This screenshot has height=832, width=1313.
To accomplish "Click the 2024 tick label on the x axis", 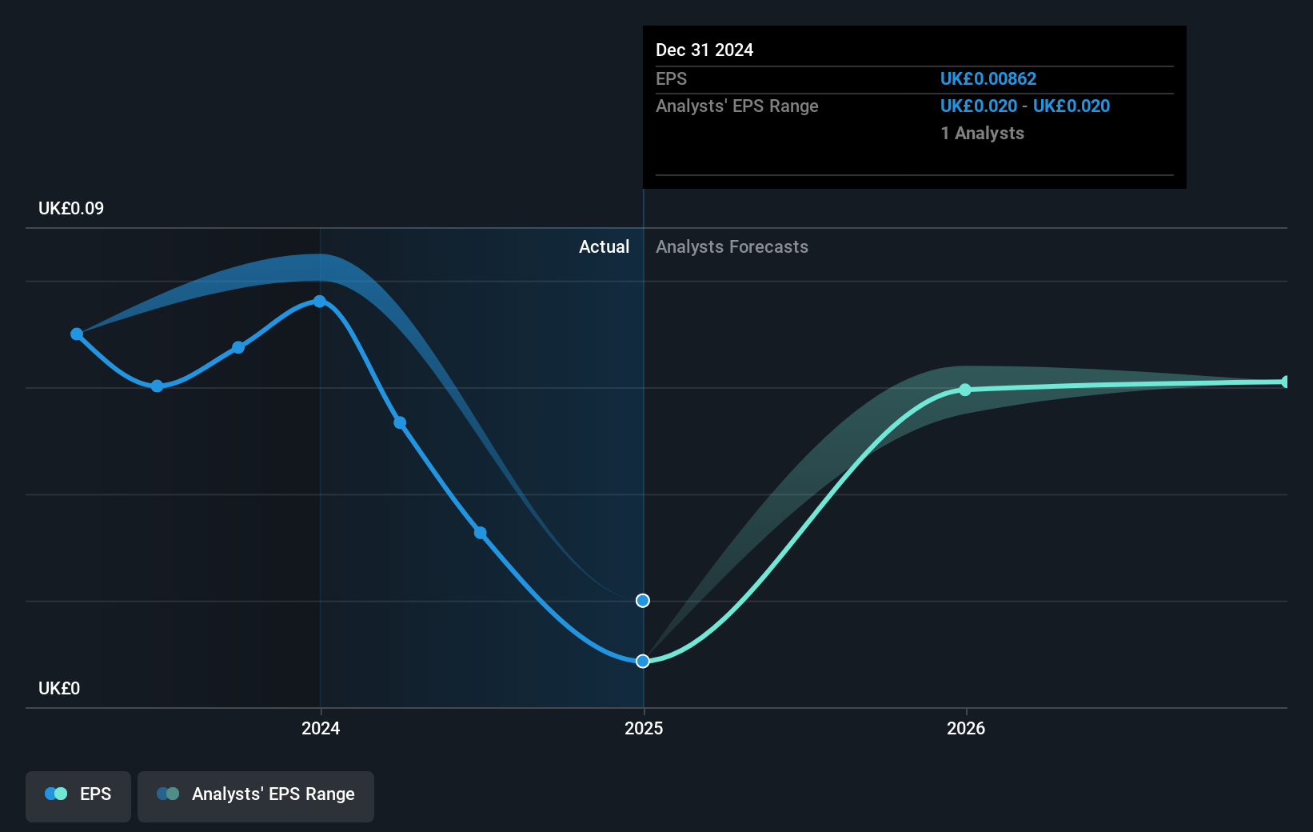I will pyautogui.click(x=321, y=728).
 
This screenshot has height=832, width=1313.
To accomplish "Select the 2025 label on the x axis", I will pyautogui.click(x=644, y=728).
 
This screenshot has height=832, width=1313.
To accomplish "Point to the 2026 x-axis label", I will pyautogui.click(x=966, y=728).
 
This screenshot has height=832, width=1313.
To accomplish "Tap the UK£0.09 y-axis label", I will pyautogui.click(x=71, y=208).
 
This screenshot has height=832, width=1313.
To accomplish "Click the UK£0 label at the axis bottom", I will pyautogui.click(x=59, y=688).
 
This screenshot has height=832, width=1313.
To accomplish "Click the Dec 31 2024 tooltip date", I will pyautogui.click(x=704, y=50).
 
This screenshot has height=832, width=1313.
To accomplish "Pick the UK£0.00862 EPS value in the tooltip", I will pyautogui.click(x=988, y=78).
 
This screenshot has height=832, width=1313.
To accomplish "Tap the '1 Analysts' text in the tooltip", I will pyautogui.click(x=982, y=133).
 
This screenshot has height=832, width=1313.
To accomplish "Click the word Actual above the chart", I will pyautogui.click(x=604, y=246).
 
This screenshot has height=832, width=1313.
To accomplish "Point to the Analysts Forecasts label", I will pyautogui.click(x=732, y=246).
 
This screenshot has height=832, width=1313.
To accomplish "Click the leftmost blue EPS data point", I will pyautogui.click(x=77, y=334).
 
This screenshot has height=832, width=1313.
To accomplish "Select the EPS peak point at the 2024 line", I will pyautogui.click(x=320, y=302).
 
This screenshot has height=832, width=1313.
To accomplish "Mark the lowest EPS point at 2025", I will pyautogui.click(x=643, y=661).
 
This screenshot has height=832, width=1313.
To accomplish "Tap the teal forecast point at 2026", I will pyautogui.click(x=965, y=390).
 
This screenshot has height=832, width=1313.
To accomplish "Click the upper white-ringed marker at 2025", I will pyautogui.click(x=643, y=600).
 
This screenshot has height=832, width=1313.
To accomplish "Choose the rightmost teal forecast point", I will pyautogui.click(x=1285, y=382).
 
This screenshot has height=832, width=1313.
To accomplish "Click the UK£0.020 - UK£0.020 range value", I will pyautogui.click(x=1024, y=106).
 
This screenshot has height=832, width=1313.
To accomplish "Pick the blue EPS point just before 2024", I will pyautogui.click(x=238, y=347).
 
